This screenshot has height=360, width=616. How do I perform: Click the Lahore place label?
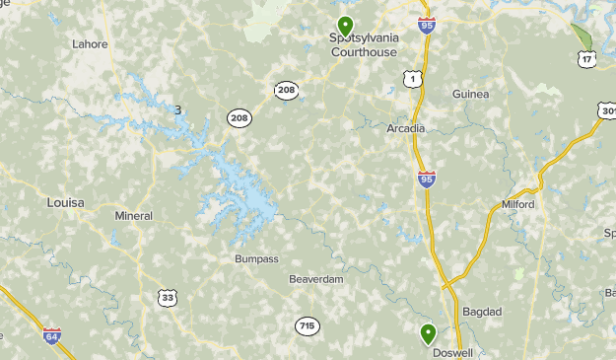click(90, 43)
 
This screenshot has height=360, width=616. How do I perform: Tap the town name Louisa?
click(66, 202)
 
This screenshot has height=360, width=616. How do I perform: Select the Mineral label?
click(134, 215)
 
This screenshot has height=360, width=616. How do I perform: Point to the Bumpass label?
click(256, 258)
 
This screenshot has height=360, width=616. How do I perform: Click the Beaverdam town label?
click(316, 279)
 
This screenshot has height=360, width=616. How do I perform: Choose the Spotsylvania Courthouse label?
click(363, 45)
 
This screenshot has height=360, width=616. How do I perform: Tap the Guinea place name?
click(470, 94)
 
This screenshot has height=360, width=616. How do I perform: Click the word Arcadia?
click(406, 128)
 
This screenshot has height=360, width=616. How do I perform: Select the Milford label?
click(517, 204)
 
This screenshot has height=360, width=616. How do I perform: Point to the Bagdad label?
click(482, 312)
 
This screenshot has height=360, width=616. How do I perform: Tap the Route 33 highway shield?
click(168, 296)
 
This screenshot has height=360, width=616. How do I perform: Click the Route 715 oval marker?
click(307, 324)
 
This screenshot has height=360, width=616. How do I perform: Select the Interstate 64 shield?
click(52, 336)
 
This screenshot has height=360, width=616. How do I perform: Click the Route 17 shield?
click(587, 60)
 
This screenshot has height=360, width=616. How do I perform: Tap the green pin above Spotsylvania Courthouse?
click(345, 25)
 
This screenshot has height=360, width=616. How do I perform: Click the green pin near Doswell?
click(428, 333)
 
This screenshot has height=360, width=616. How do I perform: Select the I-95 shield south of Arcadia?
click(427, 179)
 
